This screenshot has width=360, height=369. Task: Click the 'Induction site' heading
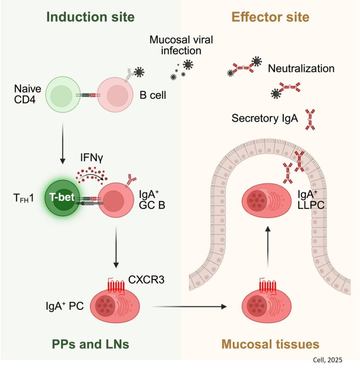91,17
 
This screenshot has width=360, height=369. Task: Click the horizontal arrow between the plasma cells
190,307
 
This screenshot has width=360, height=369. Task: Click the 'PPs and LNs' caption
91,343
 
